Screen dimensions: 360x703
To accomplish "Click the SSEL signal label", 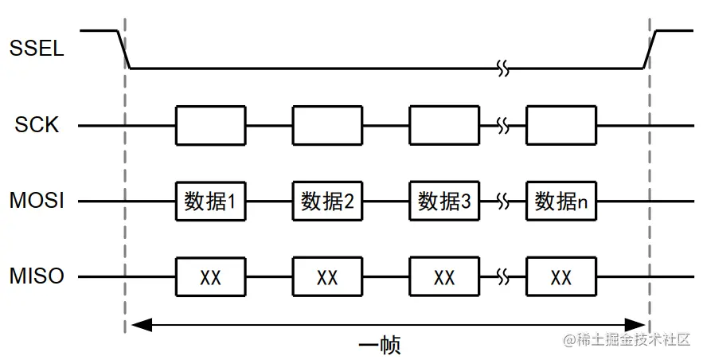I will (x=37, y=49).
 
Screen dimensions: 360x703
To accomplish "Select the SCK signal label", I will (x=37, y=125).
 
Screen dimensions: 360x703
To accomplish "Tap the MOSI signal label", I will (x=37, y=202).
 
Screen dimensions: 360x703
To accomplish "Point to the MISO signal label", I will (x=37, y=277).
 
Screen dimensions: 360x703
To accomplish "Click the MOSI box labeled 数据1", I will (x=210, y=202).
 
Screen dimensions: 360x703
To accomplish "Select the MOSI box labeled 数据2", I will (x=327, y=202).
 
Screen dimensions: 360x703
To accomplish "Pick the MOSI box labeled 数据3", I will (x=444, y=202).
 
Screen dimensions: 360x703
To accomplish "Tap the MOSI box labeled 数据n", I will (x=561, y=202).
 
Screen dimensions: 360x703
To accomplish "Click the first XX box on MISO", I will (x=210, y=277).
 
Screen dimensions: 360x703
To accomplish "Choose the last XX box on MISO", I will (x=561, y=277).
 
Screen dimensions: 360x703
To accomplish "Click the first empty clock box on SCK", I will (x=210, y=125).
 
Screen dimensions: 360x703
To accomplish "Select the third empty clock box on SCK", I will (x=444, y=125).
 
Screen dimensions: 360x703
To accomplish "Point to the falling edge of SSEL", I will (x=124, y=49).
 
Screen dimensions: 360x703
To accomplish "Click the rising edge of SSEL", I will (x=650, y=49).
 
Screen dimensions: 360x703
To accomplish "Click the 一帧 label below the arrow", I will (x=379, y=346).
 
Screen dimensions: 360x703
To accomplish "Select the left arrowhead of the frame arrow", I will (x=139, y=324).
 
